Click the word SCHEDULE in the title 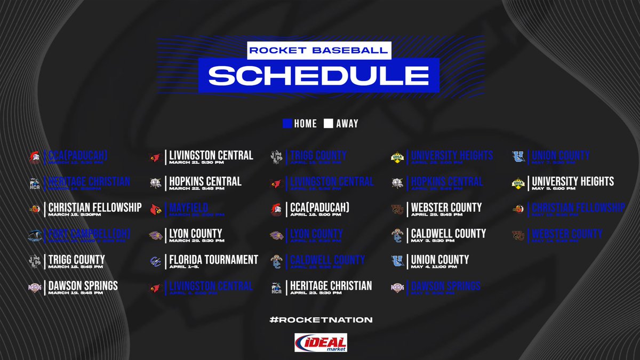point(318,75)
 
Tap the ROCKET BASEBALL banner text point(318,50)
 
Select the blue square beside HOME point(286,123)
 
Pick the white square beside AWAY point(329,123)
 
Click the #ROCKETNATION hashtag point(321,319)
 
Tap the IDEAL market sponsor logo point(321,343)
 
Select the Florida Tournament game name point(213,260)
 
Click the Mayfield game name point(188,207)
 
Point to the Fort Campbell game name point(90,234)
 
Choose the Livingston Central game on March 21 point(211,155)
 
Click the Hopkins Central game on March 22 point(205,181)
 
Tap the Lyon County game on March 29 point(195,234)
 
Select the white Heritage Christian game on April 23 point(330,286)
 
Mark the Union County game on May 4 point(440,260)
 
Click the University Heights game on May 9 point(573,181)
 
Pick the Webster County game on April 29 point(446,207)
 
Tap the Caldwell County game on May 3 point(448,234)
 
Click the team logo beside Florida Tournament point(155,261)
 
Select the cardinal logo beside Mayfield point(155,209)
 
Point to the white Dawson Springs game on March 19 point(83,286)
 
